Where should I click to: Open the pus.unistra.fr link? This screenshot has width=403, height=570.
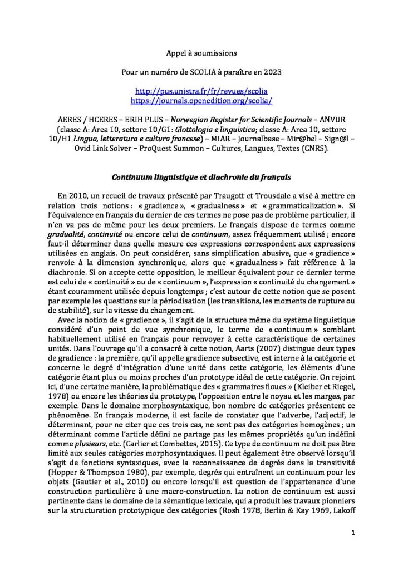pos(201,91)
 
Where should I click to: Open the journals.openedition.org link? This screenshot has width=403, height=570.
pos(201,100)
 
